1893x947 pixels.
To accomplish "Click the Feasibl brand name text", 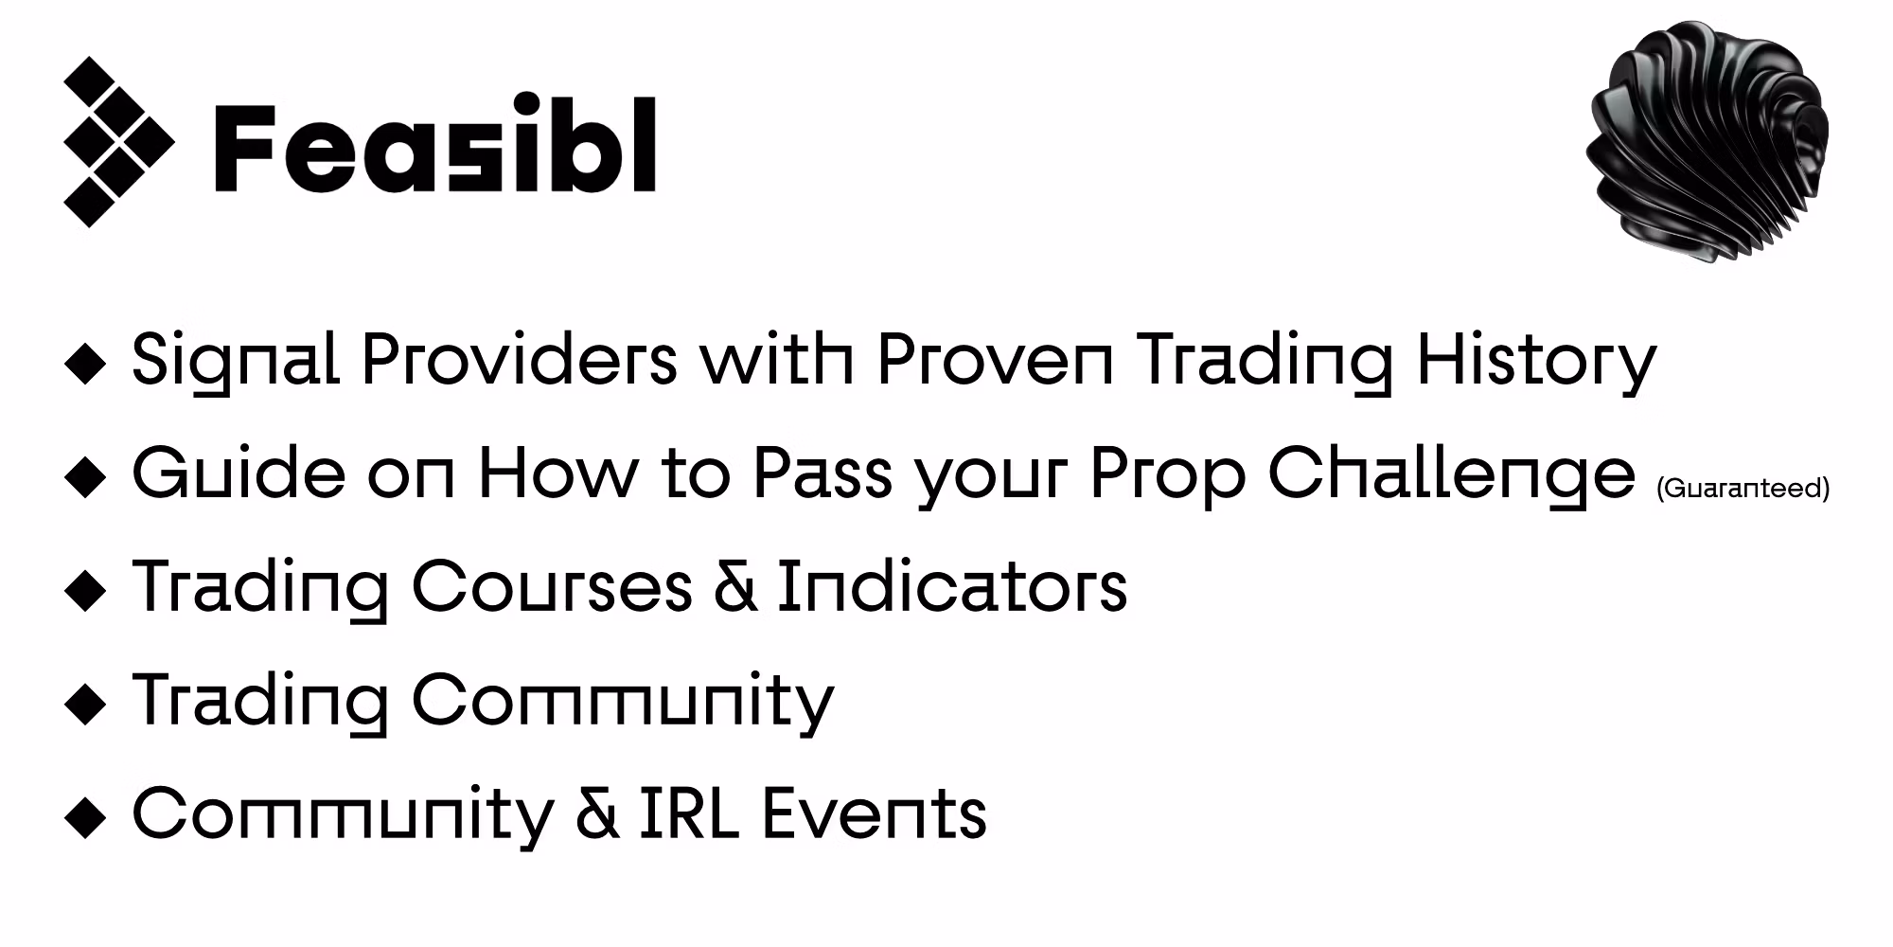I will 435,144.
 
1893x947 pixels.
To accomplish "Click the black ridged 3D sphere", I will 1707,140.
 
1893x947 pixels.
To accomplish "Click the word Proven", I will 995,360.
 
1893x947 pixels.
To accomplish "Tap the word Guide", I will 239,473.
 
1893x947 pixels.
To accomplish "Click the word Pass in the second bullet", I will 823,473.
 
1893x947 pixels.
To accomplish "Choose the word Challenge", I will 1451,474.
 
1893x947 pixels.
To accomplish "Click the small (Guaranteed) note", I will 1743,489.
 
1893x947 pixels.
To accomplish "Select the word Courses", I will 552,586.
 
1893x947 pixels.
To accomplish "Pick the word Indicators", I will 952,586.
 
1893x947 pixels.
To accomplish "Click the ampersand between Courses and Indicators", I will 734,586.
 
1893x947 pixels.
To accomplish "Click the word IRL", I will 689,813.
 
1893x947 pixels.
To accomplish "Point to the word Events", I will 874,813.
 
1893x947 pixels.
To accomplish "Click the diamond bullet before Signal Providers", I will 86,364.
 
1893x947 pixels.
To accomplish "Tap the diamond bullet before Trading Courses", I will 86,590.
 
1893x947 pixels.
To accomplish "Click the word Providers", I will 520,360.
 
